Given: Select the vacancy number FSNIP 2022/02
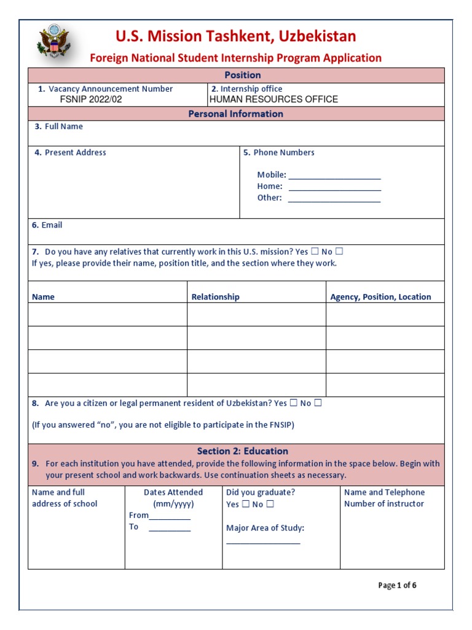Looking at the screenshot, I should [x=91, y=99].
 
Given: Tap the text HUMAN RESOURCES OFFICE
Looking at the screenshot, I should [x=274, y=99].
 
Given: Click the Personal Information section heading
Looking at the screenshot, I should [x=235, y=114].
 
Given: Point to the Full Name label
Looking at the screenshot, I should [x=63, y=127].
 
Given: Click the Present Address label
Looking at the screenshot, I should [x=75, y=153].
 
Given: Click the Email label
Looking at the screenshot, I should [x=52, y=225].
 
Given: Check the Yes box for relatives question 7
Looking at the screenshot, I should [x=315, y=252].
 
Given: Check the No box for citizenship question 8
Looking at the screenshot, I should [x=318, y=404].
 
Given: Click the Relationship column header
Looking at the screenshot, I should [x=216, y=297].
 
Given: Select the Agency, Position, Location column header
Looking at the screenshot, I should [x=380, y=297].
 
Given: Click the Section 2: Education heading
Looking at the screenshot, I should [x=242, y=451].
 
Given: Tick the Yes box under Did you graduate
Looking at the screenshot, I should [x=245, y=504].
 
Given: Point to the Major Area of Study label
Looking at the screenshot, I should [x=265, y=528].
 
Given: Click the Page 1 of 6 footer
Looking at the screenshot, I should [x=397, y=585].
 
